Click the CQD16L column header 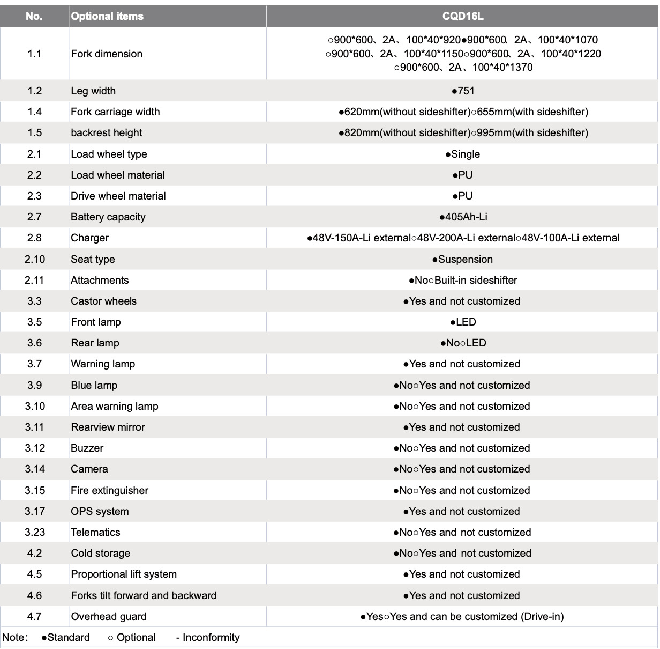[463, 16]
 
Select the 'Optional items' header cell [107, 16]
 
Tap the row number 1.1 [34, 54]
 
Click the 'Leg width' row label [93, 91]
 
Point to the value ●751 [463, 91]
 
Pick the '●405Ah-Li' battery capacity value [463, 217]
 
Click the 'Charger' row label [90, 238]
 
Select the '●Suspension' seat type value [463, 260]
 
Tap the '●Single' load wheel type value [463, 154]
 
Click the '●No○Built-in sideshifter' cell [463, 281]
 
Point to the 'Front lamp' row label [96, 322]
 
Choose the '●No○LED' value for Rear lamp [463, 343]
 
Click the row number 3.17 [34, 512]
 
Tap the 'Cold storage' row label [101, 554]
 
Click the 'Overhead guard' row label [109, 617]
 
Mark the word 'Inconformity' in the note [211, 638]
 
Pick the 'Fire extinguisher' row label [110, 491]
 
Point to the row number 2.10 [34, 260]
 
